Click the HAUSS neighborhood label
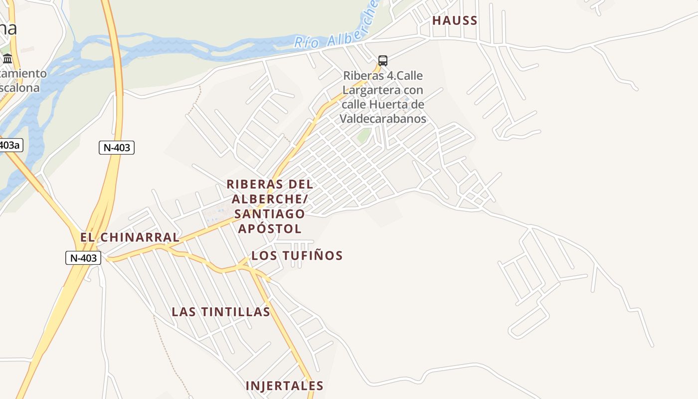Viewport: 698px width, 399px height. pos(455,20)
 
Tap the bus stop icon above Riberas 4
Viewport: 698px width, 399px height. pos(382,61)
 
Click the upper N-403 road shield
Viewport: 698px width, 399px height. pos(116,148)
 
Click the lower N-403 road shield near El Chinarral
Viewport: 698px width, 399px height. pos(83,258)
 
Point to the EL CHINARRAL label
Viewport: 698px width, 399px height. pos(129,237)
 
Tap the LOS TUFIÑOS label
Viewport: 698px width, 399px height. pos(297,256)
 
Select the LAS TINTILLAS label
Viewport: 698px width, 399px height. pos(221,312)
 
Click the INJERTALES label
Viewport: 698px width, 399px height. pos(285,386)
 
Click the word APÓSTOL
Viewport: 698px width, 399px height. pos(270,228)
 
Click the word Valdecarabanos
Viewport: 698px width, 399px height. pos(383,119)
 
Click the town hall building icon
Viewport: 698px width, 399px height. pos(7,59)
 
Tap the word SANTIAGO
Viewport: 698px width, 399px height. pos(269,213)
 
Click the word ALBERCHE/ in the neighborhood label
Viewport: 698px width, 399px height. pos(270,199)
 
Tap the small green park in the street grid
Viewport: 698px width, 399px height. pos(364,135)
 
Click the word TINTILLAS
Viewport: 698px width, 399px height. pos(236,312)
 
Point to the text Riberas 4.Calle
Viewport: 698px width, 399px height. pos(383,76)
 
